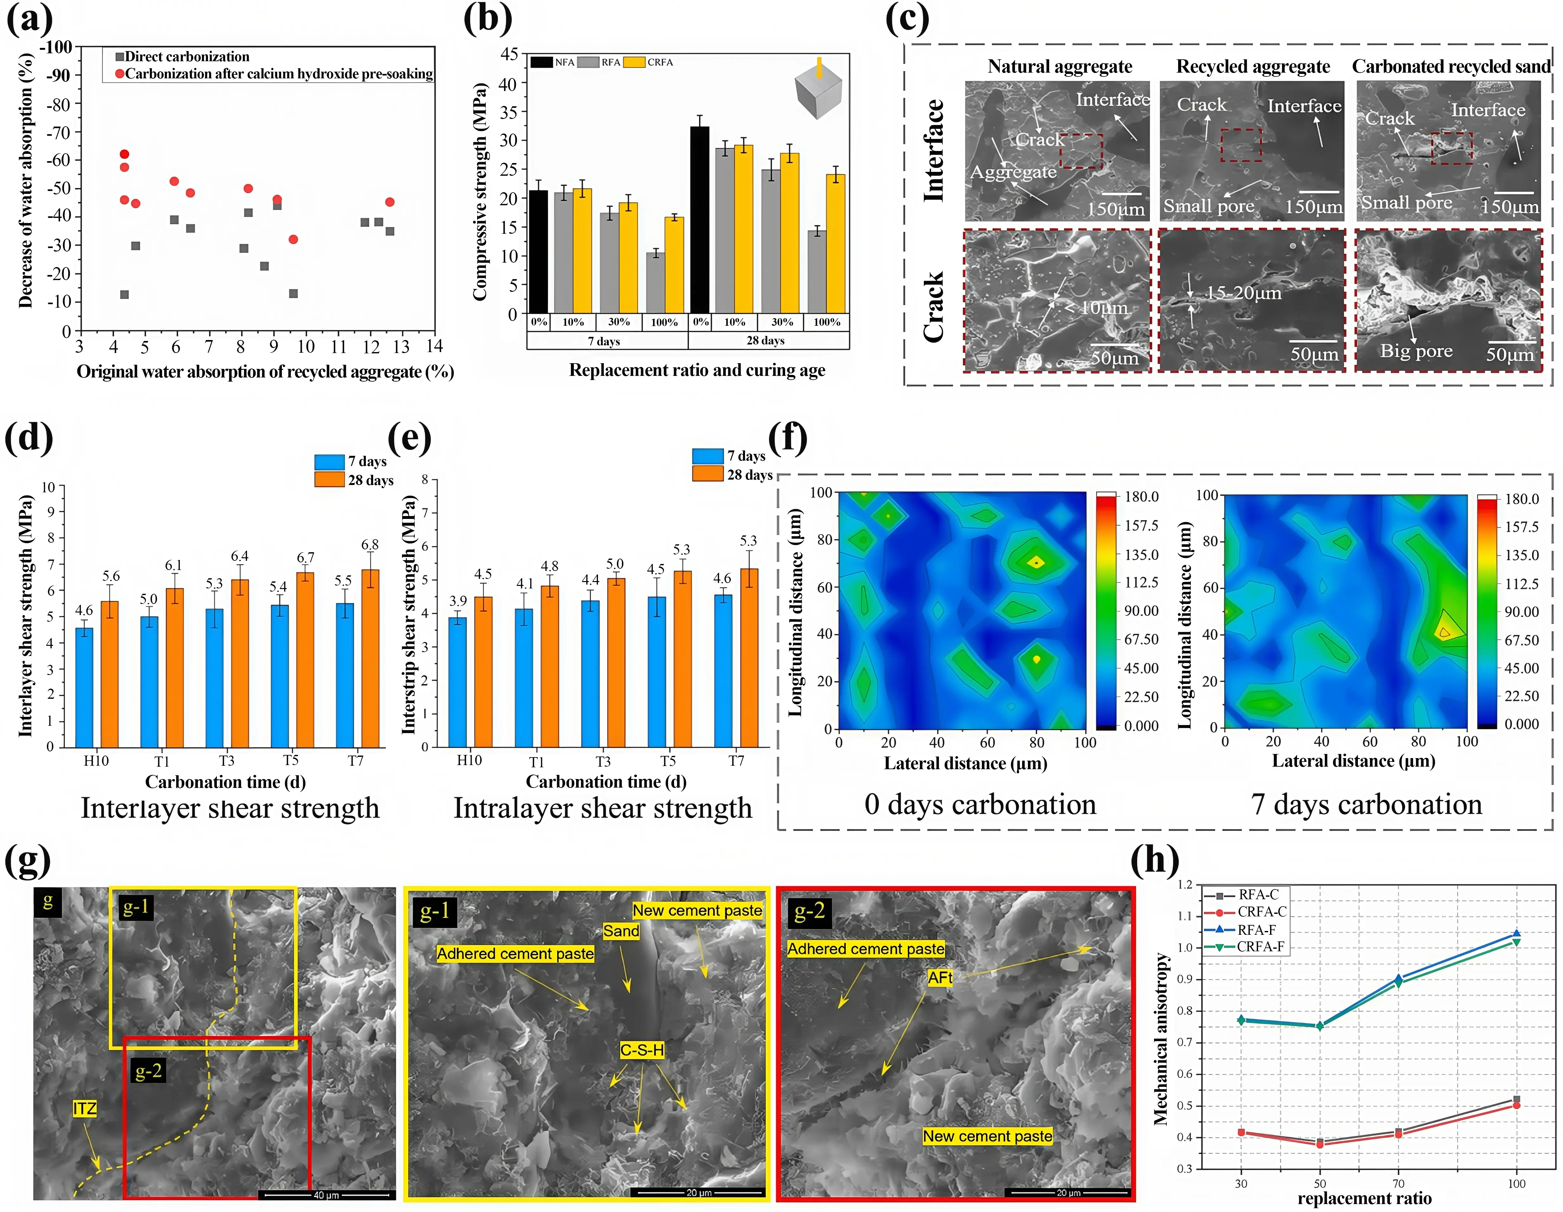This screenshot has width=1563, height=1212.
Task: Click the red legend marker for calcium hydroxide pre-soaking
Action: pos(120,74)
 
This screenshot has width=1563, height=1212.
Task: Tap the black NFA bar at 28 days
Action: pos(699,219)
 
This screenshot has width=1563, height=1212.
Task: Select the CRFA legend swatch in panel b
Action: pos(634,62)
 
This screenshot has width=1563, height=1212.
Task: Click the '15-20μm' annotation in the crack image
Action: pos(1244,293)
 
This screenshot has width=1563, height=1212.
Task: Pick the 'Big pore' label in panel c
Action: pos(1416,351)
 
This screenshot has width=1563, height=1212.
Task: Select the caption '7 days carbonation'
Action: pos(1366,805)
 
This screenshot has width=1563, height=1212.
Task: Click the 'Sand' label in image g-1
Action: pos(620,931)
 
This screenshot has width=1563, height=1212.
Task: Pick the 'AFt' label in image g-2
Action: pos(940,977)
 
